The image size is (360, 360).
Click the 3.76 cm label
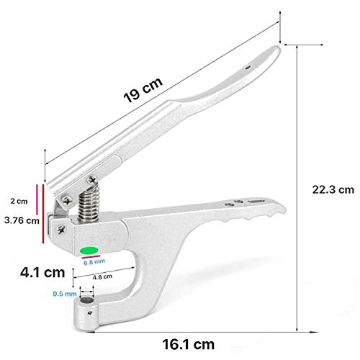pyautogui.click(x=19, y=221)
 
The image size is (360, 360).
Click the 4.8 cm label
pyautogui.click(x=103, y=276)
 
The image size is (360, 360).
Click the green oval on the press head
pyautogui.click(x=90, y=251)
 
